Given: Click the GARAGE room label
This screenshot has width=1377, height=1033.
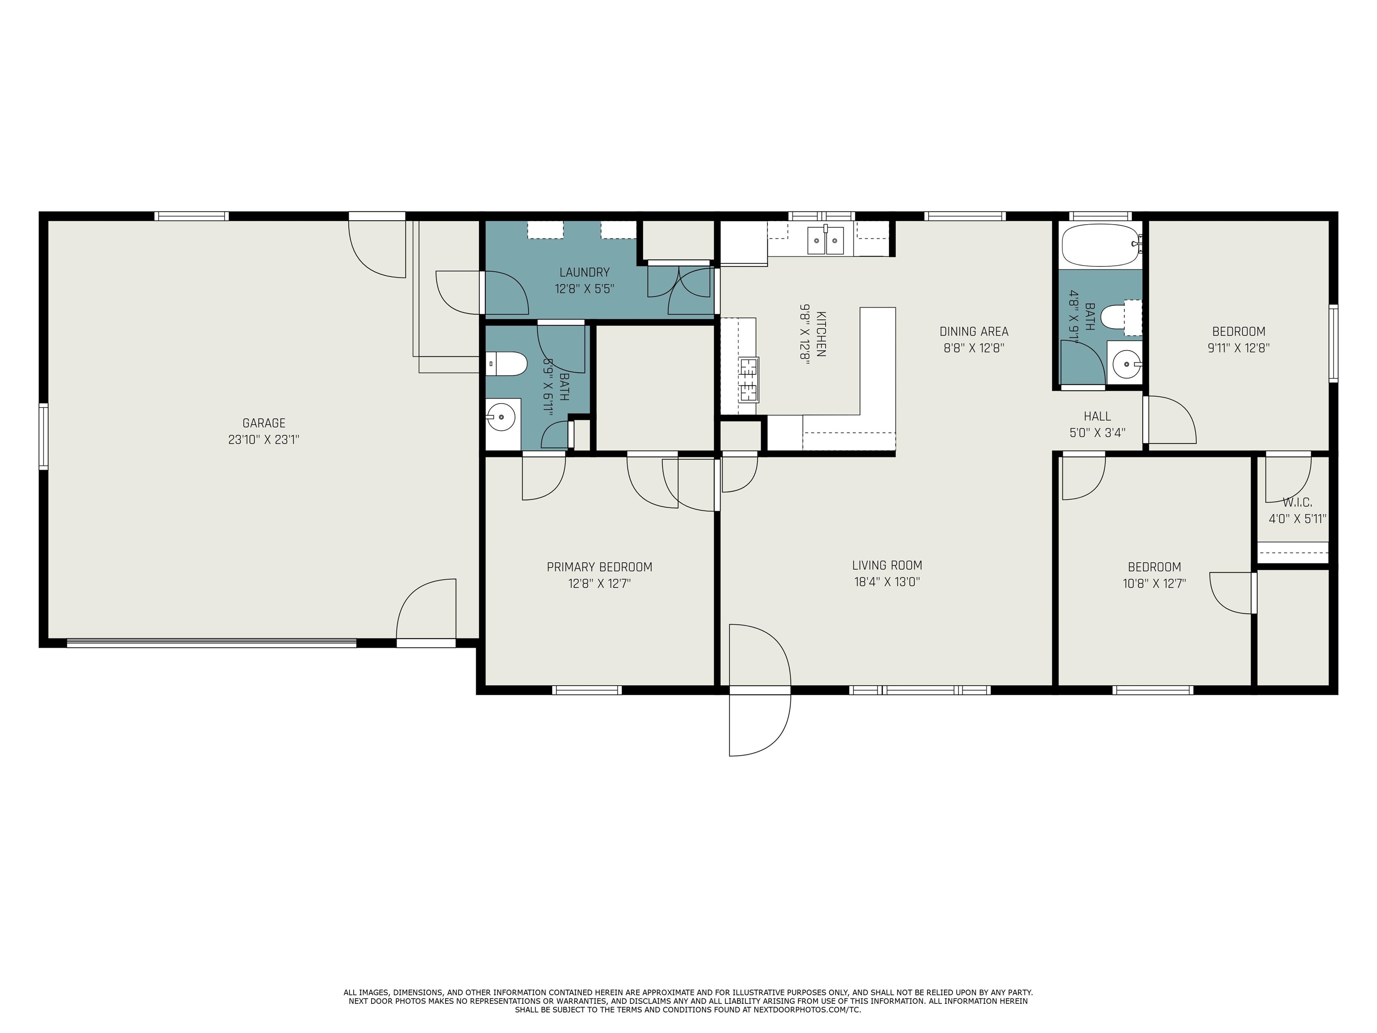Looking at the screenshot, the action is (264, 423).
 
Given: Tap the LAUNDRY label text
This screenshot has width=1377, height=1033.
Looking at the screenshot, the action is (584, 272).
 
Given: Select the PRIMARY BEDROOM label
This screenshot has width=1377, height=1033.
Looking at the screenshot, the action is (599, 567).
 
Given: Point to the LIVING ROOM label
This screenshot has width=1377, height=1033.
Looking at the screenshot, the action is (887, 565).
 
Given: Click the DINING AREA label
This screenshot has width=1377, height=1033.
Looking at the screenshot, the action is (974, 332).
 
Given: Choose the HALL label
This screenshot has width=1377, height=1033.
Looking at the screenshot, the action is (1097, 416).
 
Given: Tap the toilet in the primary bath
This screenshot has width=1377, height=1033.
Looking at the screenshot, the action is (506, 364).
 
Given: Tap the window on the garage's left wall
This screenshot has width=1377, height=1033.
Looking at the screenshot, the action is (43, 436).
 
